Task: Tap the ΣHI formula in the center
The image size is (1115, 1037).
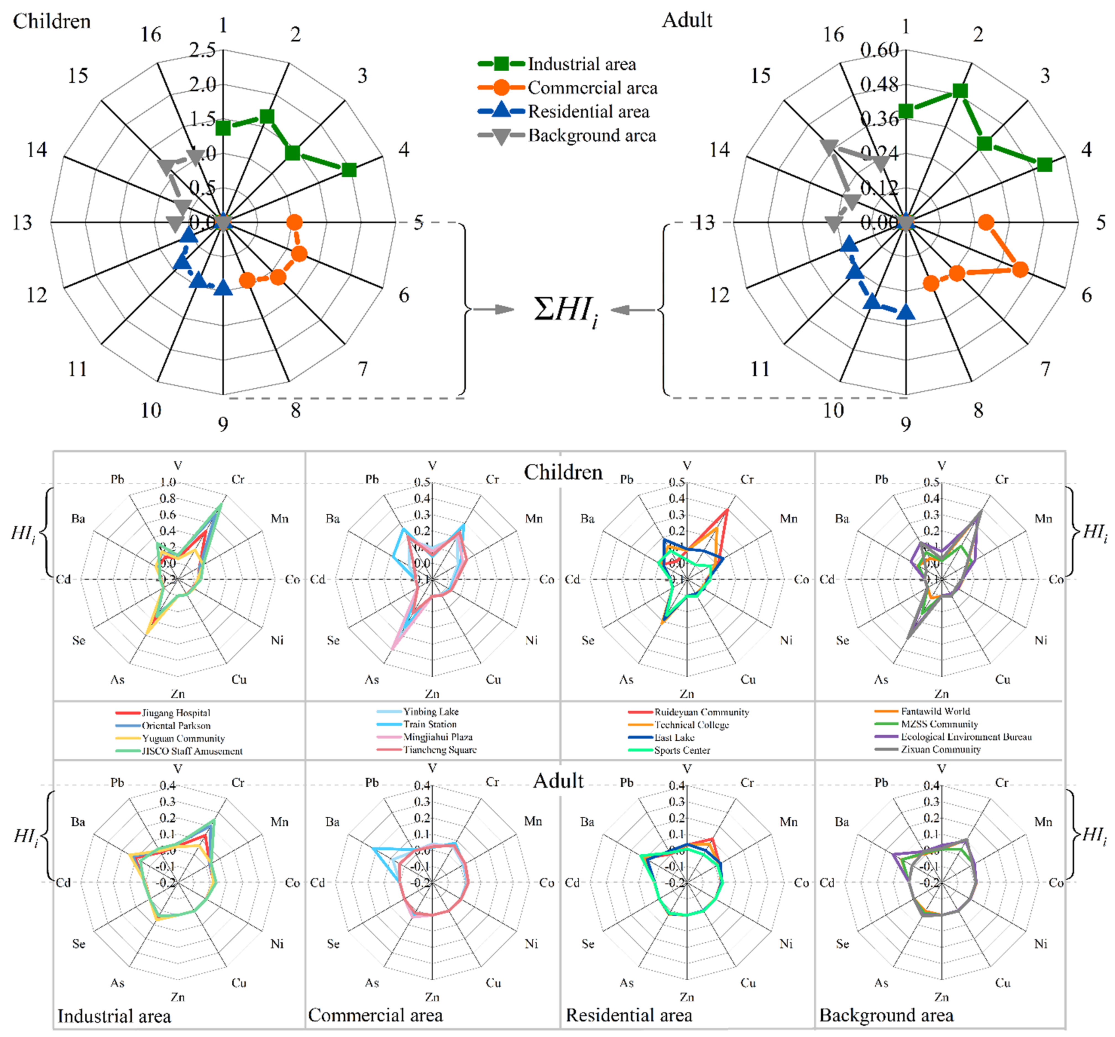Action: pyautogui.click(x=565, y=310)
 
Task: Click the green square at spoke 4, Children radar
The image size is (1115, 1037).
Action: pyautogui.click(x=349, y=170)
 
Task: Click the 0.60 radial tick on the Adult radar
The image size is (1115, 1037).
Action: pyautogui.click(x=880, y=51)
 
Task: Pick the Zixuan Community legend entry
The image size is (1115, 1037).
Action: pyautogui.click(x=941, y=749)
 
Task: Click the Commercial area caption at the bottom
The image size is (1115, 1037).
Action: pyautogui.click(x=375, y=1015)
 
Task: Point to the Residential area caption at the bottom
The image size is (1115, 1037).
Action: pyautogui.click(x=629, y=1015)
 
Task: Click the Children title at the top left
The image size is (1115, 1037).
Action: pyautogui.click(x=52, y=21)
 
